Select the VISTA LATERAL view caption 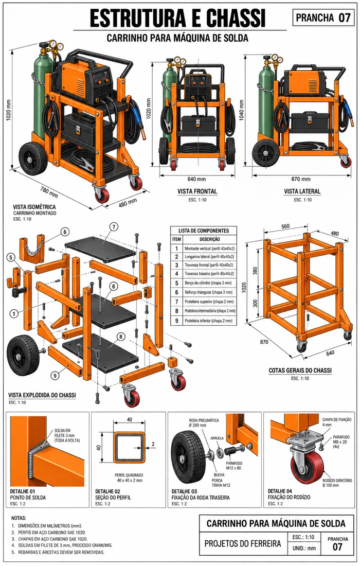click(x=302, y=191)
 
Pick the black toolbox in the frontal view click(x=196, y=123)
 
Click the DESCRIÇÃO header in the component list click(x=210, y=239)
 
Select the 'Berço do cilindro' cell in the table click(x=208, y=283)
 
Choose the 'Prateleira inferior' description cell click(x=208, y=321)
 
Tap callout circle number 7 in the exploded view click(x=114, y=227)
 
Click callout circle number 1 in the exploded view click(x=14, y=313)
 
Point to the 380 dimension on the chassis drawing click(x=255, y=271)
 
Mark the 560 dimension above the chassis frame click(x=285, y=226)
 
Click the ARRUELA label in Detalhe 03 click(x=217, y=438)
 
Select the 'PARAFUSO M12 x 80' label click(x=234, y=466)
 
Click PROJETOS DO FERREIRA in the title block click(x=243, y=543)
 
